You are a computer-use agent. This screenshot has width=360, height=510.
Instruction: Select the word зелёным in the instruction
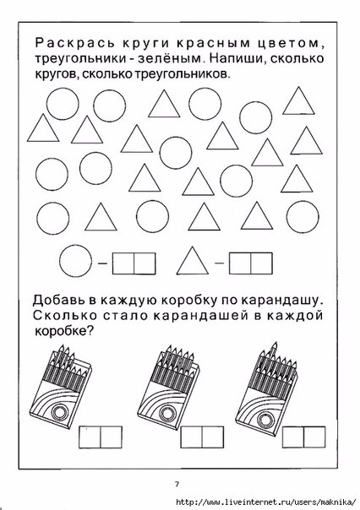170,58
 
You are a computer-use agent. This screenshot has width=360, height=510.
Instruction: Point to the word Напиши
237,58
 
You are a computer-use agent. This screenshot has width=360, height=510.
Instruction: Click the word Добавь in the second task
59,301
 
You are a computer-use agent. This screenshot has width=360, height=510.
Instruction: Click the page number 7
177,485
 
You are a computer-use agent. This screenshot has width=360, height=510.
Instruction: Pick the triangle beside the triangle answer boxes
193,261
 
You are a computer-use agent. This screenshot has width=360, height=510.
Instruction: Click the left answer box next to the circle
123,263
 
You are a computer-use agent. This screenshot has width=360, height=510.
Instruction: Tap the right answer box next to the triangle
261,263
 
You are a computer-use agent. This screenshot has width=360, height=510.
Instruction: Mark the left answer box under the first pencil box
90,437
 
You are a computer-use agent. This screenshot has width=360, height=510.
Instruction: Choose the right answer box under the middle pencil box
213,437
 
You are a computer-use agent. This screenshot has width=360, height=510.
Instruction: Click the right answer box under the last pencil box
314,437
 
